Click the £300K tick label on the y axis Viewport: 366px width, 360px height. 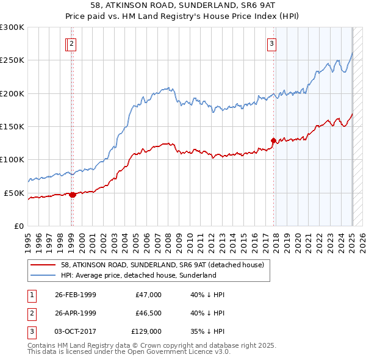point(12,27)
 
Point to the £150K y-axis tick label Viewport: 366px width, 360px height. point(12,127)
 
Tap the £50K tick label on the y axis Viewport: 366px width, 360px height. point(14,193)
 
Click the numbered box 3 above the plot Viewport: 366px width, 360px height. point(271,43)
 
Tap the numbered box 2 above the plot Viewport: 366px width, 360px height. point(72,43)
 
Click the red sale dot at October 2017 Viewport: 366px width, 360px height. point(273,141)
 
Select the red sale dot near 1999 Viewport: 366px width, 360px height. point(73,195)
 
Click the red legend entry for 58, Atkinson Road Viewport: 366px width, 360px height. point(162,265)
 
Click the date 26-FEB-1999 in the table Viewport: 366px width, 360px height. point(74,295)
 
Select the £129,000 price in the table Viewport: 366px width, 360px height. point(146,331)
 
